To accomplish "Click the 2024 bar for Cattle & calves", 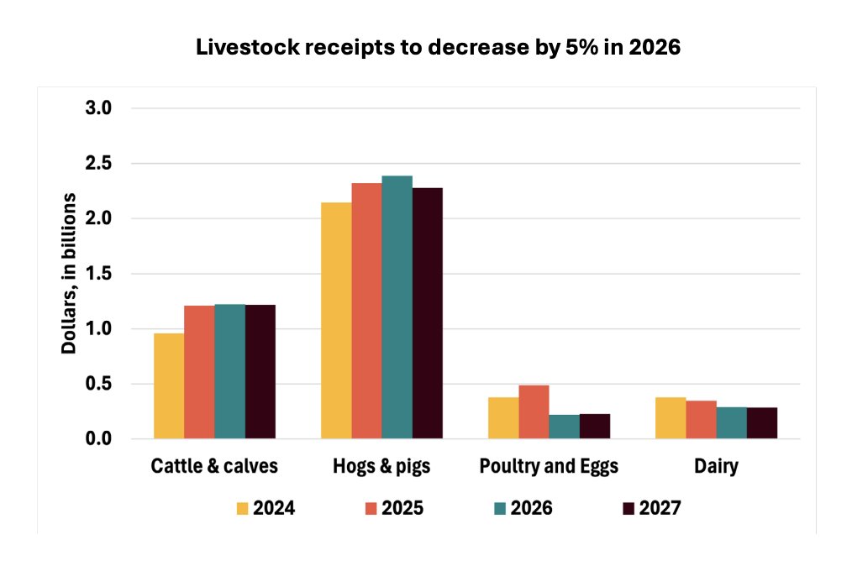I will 168,386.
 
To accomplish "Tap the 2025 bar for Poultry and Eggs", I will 534,412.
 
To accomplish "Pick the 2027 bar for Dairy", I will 762,423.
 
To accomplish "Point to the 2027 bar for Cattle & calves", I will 260,372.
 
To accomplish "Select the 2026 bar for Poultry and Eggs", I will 564,427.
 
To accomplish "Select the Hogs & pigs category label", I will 381,467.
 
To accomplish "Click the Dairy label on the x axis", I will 716,467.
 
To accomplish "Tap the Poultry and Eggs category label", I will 549,467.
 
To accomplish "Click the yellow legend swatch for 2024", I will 243,509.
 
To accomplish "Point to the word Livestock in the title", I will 238,49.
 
